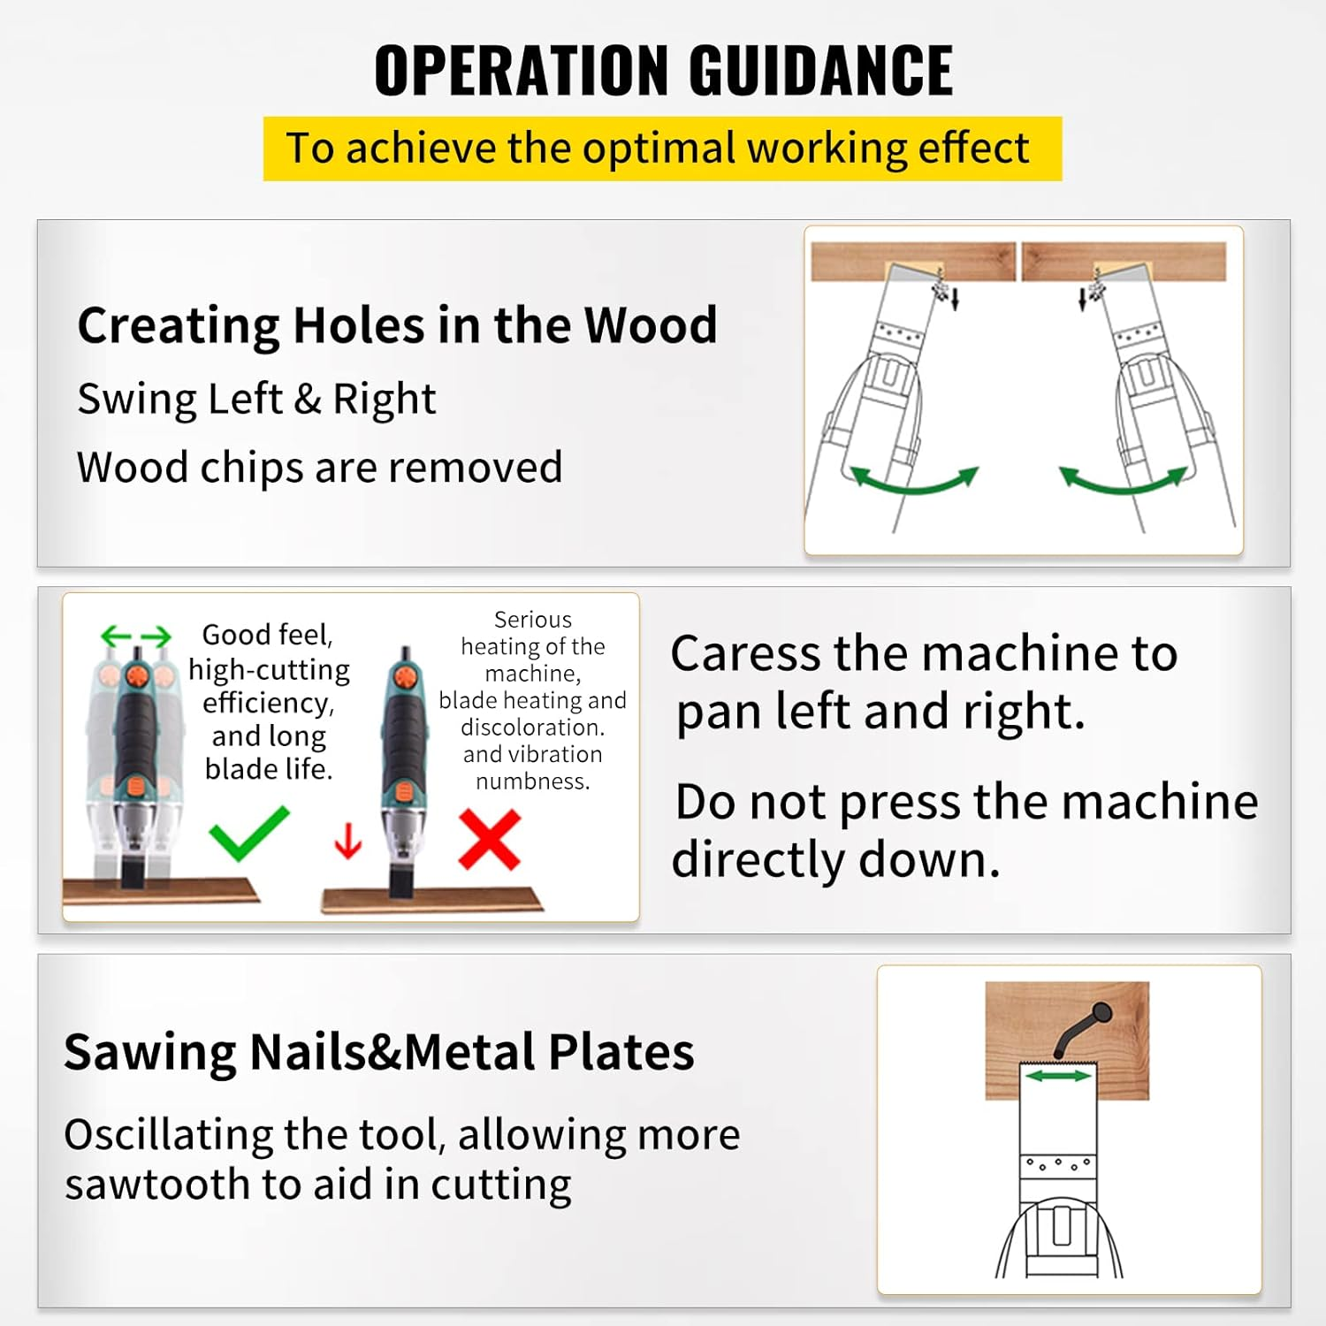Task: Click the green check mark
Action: pos(248,833)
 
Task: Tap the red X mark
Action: pos(490,840)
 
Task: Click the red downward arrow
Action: pos(348,841)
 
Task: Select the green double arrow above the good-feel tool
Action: pos(135,636)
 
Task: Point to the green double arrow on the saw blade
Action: pos(1058,1075)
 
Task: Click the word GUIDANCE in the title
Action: pos(820,71)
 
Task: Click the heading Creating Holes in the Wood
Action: pos(397,324)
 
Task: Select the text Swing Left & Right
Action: pos(256,399)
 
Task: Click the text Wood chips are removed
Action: pos(319,467)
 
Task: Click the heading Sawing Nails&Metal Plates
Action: pos(378,1052)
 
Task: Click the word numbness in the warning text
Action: pos(532,781)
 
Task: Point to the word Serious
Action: pos(532,620)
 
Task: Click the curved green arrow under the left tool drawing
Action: pos(914,481)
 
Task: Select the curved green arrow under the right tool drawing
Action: pos(1123,481)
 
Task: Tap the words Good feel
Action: pos(266,635)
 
